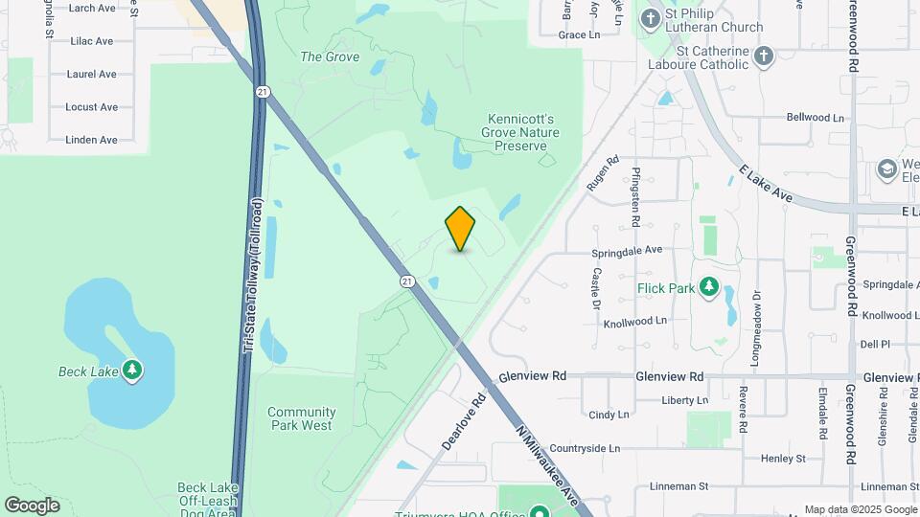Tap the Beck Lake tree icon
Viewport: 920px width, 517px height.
tap(131, 371)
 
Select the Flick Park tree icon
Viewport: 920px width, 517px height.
tap(709, 286)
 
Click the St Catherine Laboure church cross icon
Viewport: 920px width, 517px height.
tap(763, 55)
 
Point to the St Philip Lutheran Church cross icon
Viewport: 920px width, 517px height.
tap(651, 18)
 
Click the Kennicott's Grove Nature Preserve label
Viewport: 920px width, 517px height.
tap(519, 132)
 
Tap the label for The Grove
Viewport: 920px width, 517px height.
tap(330, 56)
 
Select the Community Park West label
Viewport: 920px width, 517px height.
tap(301, 417)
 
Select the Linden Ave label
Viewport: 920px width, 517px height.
tap(91, 140)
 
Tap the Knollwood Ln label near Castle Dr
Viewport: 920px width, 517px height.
tap(634, 323)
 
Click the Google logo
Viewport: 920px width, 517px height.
tap(32, 505)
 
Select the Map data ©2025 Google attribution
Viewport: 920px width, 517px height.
tap(860, 509)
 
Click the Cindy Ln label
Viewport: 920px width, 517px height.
tap(609, 415)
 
